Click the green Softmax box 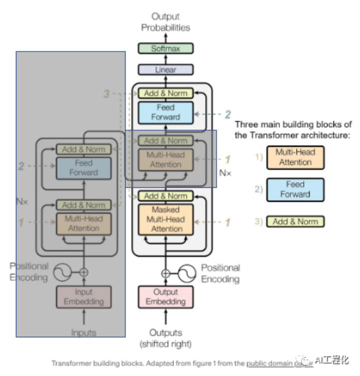[x=165, y=49]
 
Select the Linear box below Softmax [x=165, y=70]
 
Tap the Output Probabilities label [x=165, y=22]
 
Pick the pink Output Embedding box [x=165, y=296]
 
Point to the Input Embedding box [x=83, y=296]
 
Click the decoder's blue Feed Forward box [x=165, y=112]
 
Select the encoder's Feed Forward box [x=83, y=168]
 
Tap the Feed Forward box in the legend [x=295, y=189]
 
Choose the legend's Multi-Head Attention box [x=295, y=157]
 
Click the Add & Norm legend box [x=295, y=221]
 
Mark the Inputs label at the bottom [x=83, y=332]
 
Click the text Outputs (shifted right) [x=165, y=338]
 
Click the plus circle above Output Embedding [x=165, y=273]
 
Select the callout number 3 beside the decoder [x=106, y=93]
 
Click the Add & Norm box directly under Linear [x=165, y=93]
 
